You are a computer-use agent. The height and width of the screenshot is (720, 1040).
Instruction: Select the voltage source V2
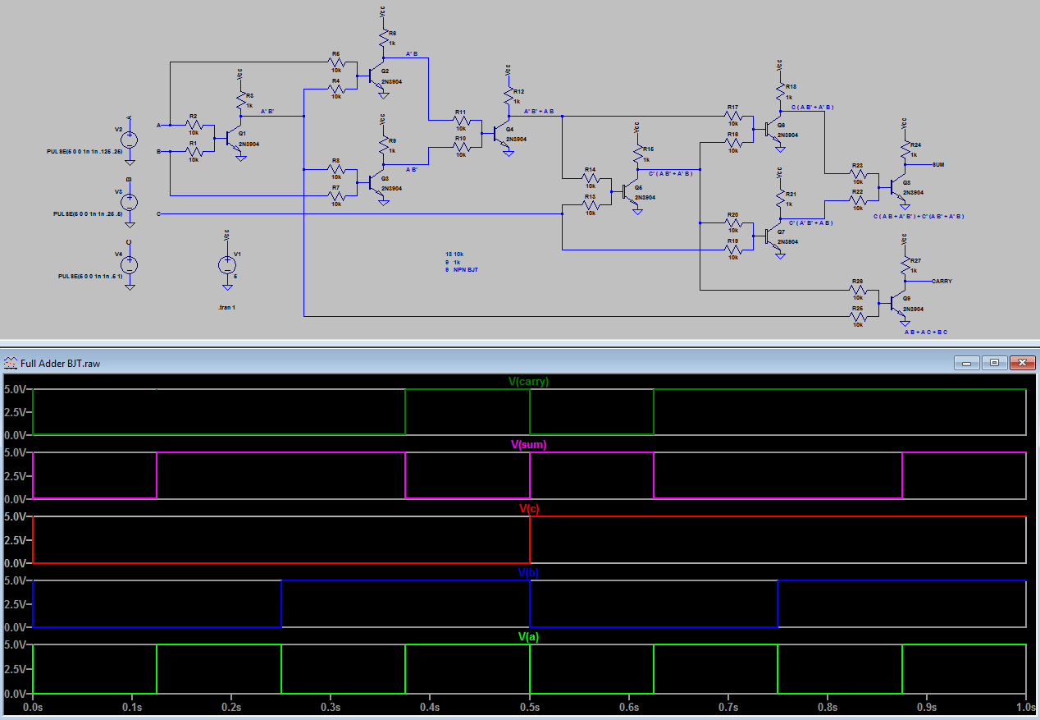130,140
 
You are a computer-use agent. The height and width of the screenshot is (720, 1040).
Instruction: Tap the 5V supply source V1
226,265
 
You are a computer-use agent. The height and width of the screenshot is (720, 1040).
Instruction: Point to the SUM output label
938,164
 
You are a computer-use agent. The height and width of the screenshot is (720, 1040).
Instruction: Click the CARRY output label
942,281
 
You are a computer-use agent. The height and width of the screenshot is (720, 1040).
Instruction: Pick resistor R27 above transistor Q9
905,265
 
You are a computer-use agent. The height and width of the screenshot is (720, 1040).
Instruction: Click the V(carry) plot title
528,381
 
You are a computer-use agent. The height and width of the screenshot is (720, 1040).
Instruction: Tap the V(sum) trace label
528,445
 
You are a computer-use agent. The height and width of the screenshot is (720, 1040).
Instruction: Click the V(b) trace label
528,572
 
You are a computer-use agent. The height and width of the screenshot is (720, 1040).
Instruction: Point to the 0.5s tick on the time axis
530,706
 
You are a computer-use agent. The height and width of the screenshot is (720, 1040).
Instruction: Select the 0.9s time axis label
927,706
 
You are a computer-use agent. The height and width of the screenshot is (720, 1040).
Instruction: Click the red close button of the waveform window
1022,363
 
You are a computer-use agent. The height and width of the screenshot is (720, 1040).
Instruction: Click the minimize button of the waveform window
966,363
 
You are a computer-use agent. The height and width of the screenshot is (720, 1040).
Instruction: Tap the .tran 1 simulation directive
226,306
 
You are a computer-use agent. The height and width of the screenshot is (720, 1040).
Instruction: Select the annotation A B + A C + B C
925,332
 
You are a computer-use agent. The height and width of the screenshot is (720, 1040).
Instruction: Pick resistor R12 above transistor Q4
509,96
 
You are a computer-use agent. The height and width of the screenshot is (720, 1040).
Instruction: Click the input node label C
157,213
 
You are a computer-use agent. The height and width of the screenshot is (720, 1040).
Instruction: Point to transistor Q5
627,192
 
